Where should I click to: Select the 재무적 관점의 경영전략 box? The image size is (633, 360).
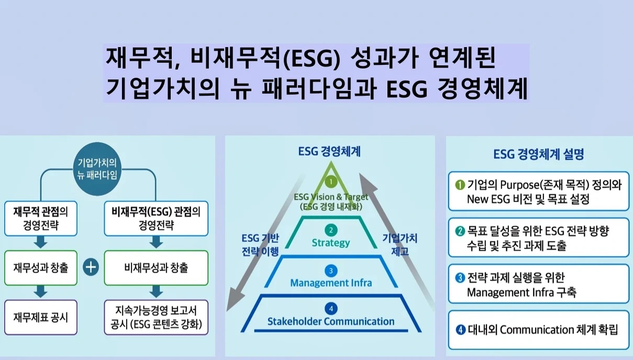[x=41, y=219]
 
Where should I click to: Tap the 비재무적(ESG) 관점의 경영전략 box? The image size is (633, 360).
[x=156, y=219]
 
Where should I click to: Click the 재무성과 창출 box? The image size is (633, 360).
[x=41, y=268]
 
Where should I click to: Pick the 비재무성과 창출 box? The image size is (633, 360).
[x=156, y=268]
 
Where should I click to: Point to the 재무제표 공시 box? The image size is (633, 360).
[x=41, y=317]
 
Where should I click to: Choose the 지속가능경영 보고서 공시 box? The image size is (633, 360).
[x=156, y=317]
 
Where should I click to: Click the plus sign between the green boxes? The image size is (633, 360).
[x=92, y=268]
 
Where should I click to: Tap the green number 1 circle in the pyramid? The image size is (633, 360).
[x=330, y=182]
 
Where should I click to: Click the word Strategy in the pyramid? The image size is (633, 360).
[x=330, y=243]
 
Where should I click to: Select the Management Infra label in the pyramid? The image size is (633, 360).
[x=330, y=283]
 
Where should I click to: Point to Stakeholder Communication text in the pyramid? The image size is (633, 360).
[x=330, y=321]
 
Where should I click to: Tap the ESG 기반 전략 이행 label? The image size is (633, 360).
[x=260, y=245]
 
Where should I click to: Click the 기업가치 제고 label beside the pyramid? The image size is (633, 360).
[x=400, y=245]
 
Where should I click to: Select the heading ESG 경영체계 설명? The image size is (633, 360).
[x=538, y=155]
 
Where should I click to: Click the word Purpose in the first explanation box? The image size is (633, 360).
[x=519, y=185]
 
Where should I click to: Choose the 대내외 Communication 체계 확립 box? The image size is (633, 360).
[x=538, y=330]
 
